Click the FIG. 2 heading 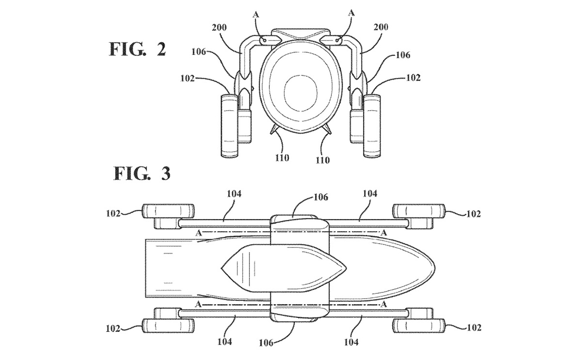click(138, 49)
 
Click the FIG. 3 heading click(142, 173)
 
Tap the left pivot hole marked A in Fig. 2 click(265, 41)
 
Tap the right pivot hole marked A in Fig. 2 click(337, 41)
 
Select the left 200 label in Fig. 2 click(219, 27)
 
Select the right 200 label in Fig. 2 click(381, 27)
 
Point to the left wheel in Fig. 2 click(230, 126)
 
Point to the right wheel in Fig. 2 click(372, 126)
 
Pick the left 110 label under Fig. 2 click(282, 158)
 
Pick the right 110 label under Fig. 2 click(323, 160)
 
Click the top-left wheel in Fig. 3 click(168, 211)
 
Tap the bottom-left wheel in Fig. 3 click(168, 325)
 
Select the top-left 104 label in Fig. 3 click(234, 193)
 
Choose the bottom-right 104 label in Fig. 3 click(352, 342)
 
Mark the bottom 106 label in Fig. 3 click(266, 343)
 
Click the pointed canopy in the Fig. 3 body click(283, 268)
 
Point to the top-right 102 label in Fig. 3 click(474, 214)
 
